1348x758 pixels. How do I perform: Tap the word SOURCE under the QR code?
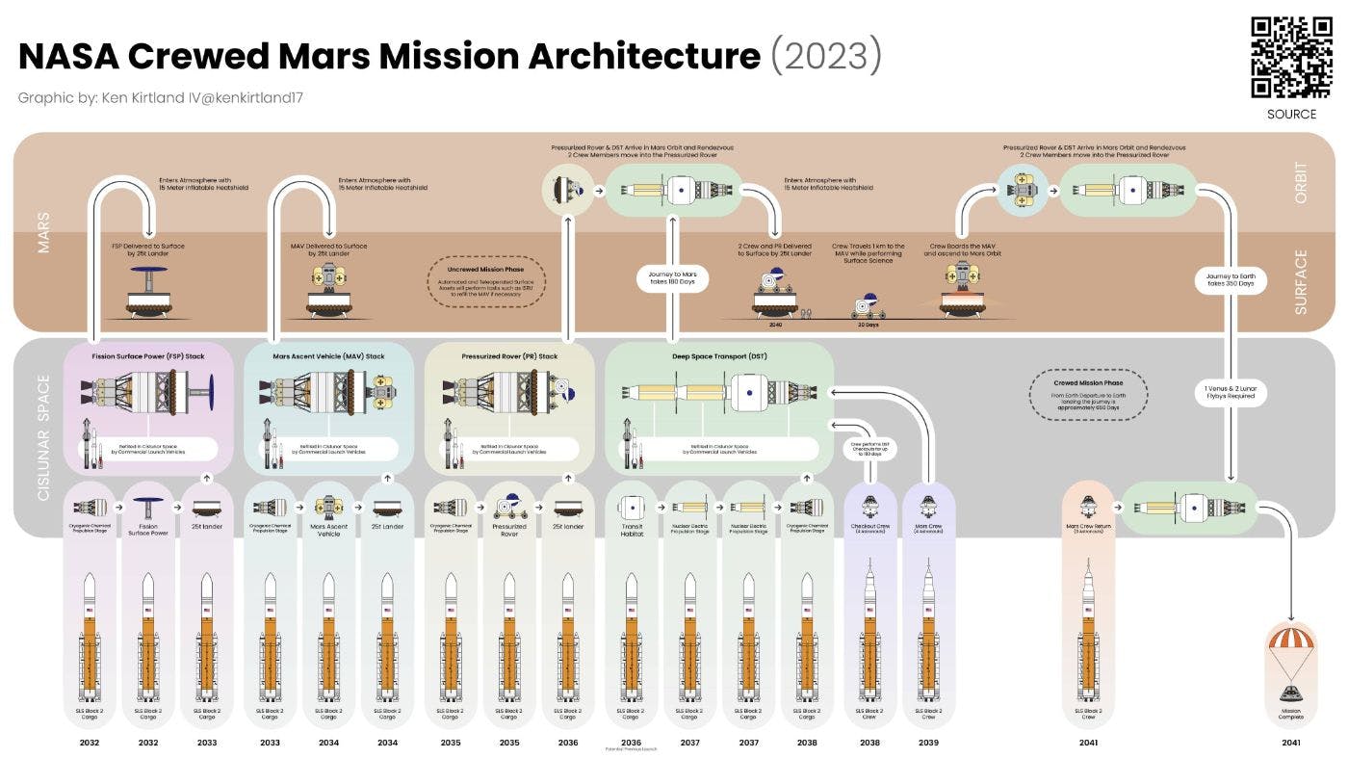coord(1291,114)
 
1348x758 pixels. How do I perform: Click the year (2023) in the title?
coord(825,56)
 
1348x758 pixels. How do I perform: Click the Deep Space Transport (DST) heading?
coord(718,356)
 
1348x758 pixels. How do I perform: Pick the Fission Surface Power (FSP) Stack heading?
coord(148,356)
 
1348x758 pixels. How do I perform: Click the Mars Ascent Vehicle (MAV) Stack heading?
coord(328,356)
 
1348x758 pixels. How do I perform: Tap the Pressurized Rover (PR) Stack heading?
coord(508,356)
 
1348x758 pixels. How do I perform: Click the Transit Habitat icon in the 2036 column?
coord(631,507)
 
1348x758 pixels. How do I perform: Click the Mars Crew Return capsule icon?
coord(1088,508)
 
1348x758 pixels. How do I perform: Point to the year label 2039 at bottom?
coord(928,743)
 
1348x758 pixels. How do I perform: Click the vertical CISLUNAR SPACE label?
coord(43,438)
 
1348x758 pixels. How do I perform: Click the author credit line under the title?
coord(161,98)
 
